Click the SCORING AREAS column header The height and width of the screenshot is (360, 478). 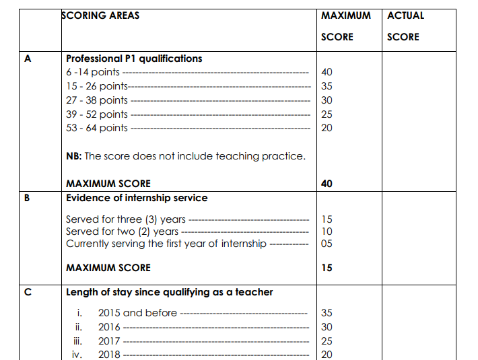100,15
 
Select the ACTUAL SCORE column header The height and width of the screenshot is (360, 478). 405,26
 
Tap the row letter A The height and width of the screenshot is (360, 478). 28,59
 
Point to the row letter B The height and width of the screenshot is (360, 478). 28,199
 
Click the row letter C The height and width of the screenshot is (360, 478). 28,292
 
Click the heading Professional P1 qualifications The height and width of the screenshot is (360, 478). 134,59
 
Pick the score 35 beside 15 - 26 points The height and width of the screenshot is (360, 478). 327,86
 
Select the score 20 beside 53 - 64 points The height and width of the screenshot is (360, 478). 327,128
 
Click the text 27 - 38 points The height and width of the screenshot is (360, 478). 97,100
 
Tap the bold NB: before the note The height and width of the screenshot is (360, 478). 74,156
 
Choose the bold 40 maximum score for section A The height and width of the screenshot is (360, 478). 327,184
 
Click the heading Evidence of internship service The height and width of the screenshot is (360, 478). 137,199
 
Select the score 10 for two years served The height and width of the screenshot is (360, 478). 327,231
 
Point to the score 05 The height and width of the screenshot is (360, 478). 327,244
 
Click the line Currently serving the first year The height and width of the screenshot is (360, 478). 166,244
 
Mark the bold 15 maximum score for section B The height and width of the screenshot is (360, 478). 327,268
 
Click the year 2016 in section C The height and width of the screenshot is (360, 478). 109,327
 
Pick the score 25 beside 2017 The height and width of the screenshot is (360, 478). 327,341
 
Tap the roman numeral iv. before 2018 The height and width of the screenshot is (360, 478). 77,355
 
